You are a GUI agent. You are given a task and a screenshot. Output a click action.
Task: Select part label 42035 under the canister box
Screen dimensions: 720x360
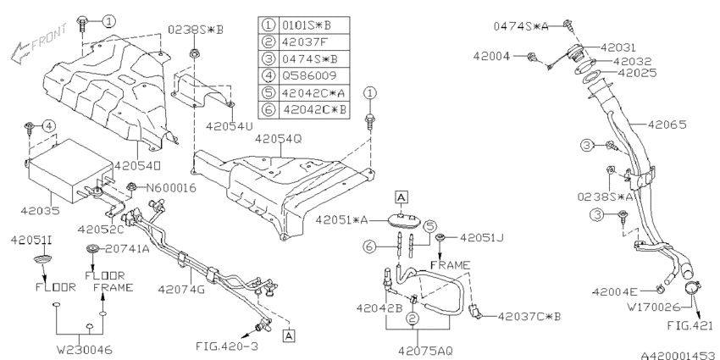point(40,211)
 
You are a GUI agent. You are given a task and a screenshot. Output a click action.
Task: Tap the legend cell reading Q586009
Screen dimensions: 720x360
point(308,75)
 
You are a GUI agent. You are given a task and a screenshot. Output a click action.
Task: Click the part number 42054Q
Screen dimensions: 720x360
point(279,138)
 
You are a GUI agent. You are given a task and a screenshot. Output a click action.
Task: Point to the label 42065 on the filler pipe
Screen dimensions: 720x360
point(667,125)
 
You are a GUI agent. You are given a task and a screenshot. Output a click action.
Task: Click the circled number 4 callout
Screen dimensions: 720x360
point(49,125)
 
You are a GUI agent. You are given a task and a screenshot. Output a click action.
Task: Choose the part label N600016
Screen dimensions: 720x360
point(171,187)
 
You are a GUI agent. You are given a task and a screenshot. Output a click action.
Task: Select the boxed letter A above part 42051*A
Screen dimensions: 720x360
point(401,197)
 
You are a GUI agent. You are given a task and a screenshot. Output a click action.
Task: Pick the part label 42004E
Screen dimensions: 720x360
point(614,291)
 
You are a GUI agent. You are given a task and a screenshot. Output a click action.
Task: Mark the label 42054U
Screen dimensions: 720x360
point(230,125)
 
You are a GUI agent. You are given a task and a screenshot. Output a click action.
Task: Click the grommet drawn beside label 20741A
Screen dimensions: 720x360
point(92,249)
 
